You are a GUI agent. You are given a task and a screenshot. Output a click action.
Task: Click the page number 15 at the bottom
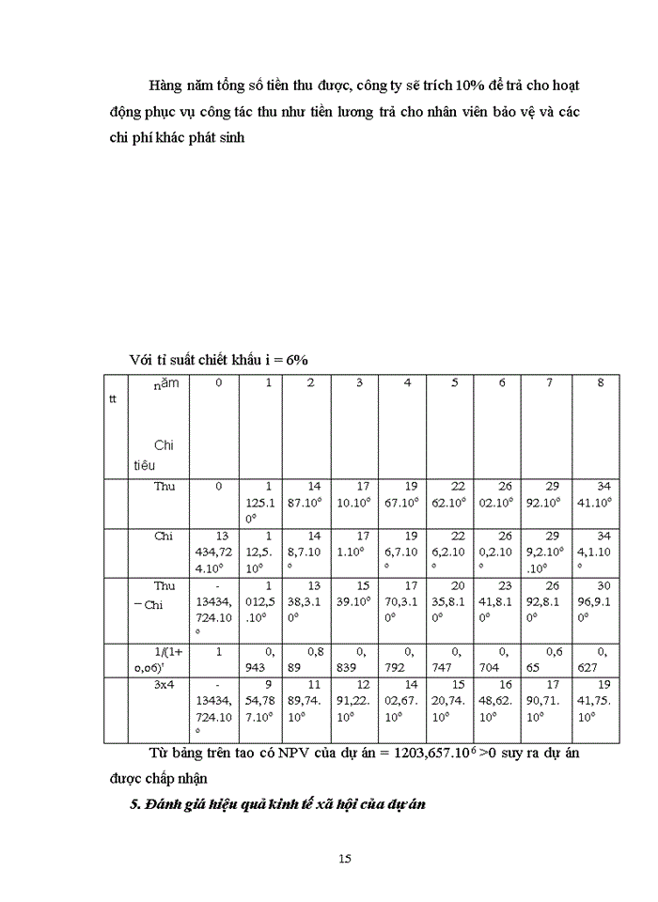coord(345,858)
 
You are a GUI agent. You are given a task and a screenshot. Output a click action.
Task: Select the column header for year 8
coord(602,383)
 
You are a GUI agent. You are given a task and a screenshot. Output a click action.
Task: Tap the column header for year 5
coord(455,383)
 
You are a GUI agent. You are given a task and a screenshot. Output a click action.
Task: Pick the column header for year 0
coord(218,383)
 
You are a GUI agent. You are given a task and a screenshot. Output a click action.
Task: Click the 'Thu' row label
coord(164,487)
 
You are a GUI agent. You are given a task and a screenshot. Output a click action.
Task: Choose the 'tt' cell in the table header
coord(114,399)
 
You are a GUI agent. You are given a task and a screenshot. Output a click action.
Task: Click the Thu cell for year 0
coord(218,487)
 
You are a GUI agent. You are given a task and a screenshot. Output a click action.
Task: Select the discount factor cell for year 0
coord(218,649)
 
